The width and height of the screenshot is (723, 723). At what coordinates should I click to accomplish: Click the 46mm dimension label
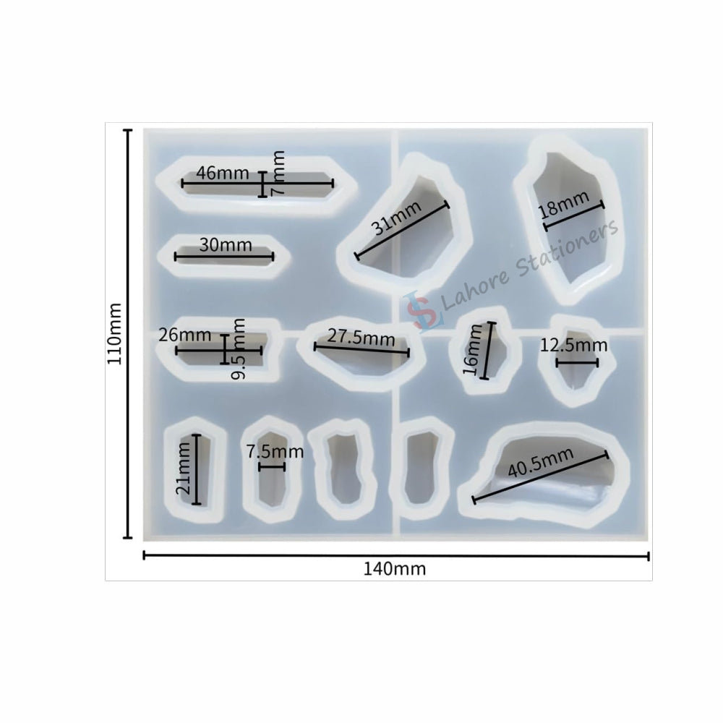222,174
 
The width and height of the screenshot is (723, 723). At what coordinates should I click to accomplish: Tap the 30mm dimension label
226,245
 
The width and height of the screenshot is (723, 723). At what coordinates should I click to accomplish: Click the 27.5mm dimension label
361,337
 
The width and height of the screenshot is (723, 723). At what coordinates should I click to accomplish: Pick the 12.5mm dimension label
573,346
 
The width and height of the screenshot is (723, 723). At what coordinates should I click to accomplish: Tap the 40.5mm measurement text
540,461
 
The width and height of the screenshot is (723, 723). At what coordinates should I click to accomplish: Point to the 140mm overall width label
394,568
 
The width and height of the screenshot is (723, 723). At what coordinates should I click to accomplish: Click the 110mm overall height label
115,333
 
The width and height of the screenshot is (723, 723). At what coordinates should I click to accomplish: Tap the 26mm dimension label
184,335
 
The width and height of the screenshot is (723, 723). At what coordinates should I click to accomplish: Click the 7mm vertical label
278,174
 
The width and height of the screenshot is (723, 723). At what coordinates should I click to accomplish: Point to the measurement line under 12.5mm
576,362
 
